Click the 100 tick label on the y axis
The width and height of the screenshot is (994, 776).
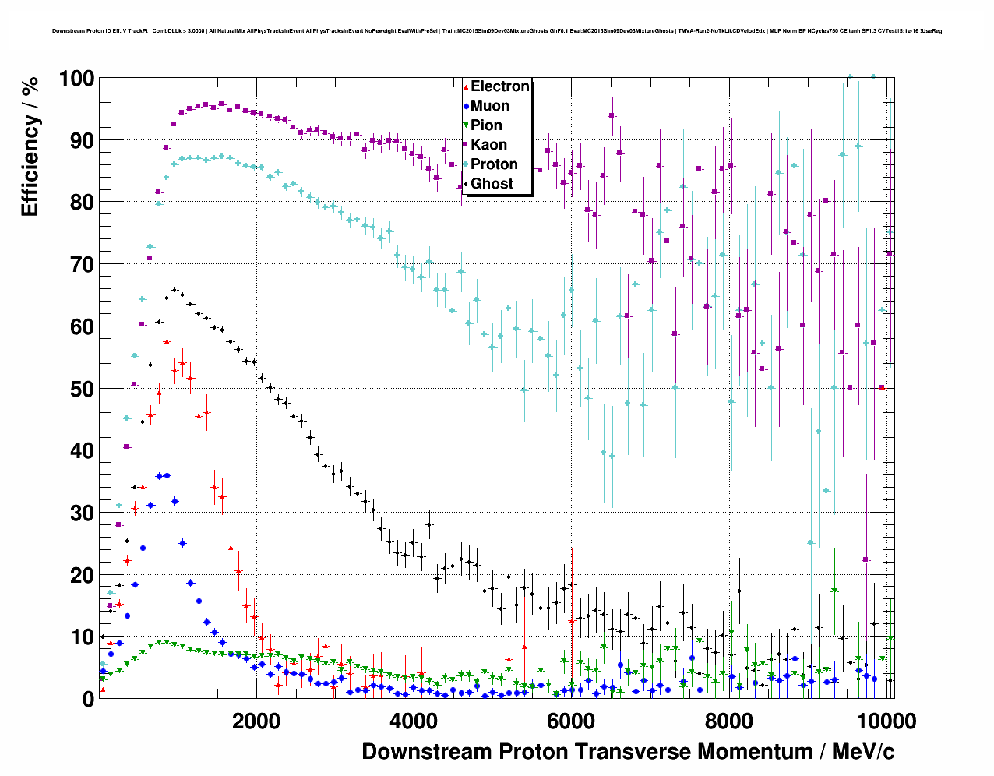point(76,79)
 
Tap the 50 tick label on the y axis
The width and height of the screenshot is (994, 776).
point(81,389)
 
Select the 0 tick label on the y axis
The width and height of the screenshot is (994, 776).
point(88,699)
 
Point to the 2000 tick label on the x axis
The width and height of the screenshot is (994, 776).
point(256,721)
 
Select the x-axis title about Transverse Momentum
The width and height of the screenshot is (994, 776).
point(628,752)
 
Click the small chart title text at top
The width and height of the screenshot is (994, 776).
point(497,31)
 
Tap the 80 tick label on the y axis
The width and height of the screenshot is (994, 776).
point(81,203)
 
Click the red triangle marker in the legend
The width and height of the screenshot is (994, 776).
point(466,86)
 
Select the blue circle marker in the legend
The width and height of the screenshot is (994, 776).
point(466,106)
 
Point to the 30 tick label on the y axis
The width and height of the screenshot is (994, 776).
point(81,513)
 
